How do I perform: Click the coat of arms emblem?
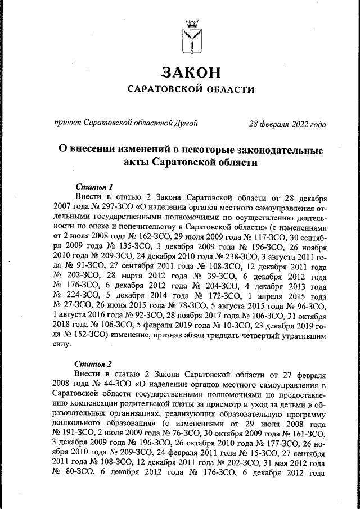[190, 36]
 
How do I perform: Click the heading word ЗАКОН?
[190, 73]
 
